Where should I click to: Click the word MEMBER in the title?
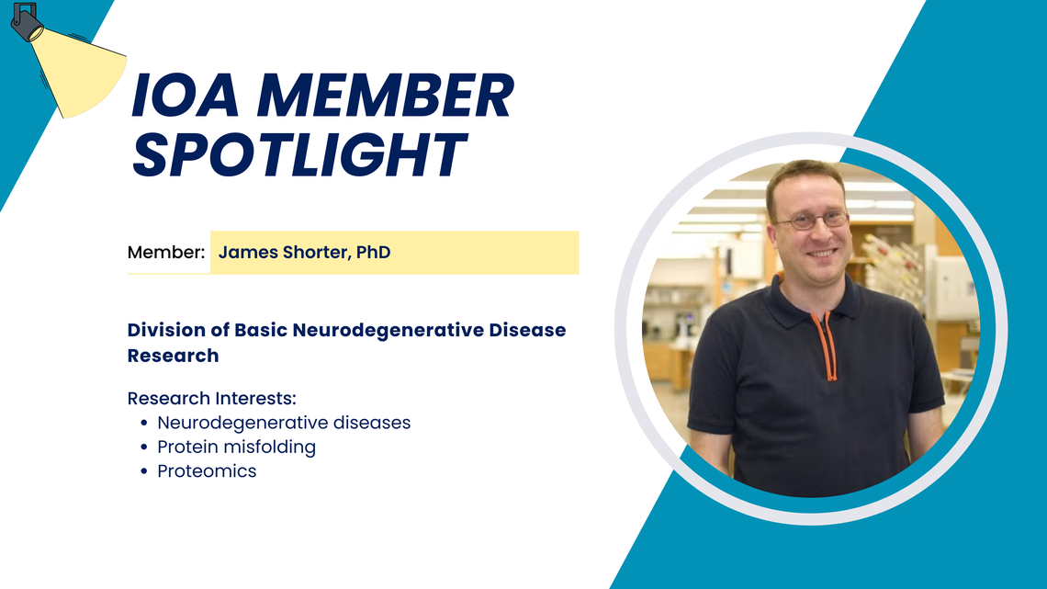[x=386, y=96]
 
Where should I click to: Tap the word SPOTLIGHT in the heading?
[x=298, y=155]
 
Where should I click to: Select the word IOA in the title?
[x=185, y=96]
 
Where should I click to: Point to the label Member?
[x=166, y=253]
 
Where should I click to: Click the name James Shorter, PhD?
[x=305, y=253]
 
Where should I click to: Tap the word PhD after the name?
[x=373, y=253]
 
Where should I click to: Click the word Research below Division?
[x=173, y=356]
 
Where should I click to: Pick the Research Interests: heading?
[x=211, y=398]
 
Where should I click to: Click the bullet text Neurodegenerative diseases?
[x=284, y=423]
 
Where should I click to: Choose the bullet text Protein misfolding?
[x=236, y=447]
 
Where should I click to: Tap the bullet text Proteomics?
[x=207, y=470]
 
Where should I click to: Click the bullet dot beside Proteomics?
[x=144, y=471]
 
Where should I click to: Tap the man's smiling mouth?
[x=821, y=254]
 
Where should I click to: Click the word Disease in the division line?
[x=527, y=330]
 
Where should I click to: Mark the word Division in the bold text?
[x=166, y=330]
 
